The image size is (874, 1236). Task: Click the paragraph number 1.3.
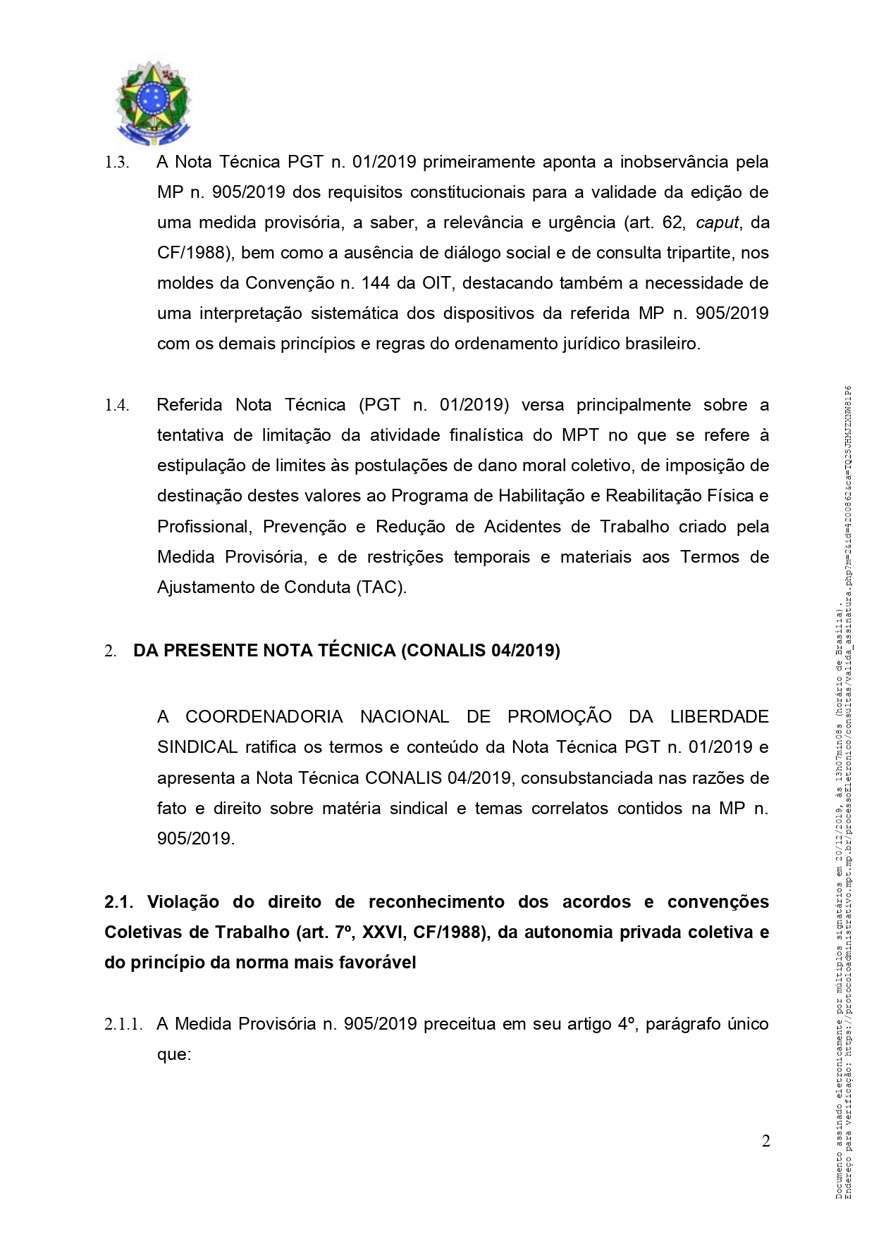pyautogui.click(x=116, y=163)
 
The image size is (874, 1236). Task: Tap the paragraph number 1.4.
pyautogui.click(x=116, y=406)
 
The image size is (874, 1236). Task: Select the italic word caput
pyautogui.click(x=718, y=223)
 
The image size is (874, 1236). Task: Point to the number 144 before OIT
pyautogui.click(x=375, y=283)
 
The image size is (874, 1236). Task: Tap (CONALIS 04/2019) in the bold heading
pyautogui.click(x=480, y=650)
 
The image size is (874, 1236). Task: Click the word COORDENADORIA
pyautogui.click(x=264, y=717)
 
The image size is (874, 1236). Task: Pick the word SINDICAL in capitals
pyautogui.click(x=197, y=747)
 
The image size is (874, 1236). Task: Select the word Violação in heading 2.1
pyautogui.click(x=183, y=902)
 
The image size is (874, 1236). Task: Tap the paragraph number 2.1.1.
pyautogui.click(x=123, y=1025)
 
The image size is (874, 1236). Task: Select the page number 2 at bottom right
pyautogui.click(x=765, y=1142)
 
